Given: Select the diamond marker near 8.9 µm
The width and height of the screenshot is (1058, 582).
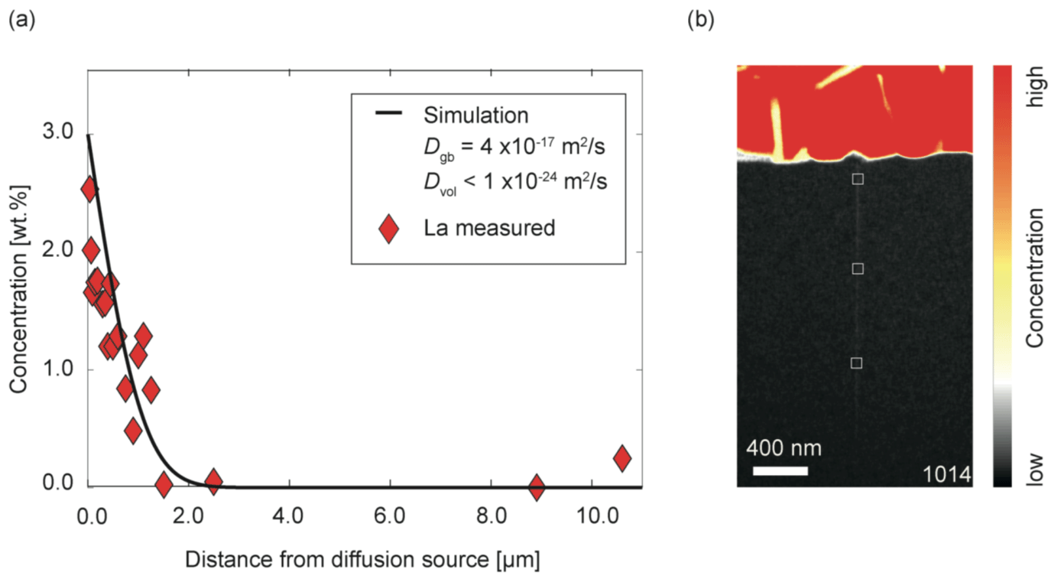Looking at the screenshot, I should [x=537, y=486].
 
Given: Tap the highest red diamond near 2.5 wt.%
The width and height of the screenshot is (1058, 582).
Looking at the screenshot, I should [x=89, y=190].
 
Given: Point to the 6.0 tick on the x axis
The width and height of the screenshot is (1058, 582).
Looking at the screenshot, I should [x=390, y=515].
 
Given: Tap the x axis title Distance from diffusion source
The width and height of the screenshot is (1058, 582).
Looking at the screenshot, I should [x=363, y=561].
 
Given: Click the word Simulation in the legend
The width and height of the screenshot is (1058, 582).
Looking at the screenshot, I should [x=475, y=115].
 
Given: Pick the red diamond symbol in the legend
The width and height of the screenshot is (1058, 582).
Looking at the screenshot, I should [x=389, y=228].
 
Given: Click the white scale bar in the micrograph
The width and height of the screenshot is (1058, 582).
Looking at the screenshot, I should [x=780, y=470].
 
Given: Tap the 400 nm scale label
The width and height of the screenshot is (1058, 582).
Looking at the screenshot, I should [x=784, y=447].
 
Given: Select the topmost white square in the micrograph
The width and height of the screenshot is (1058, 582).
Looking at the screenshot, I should [x=858, y=179].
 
